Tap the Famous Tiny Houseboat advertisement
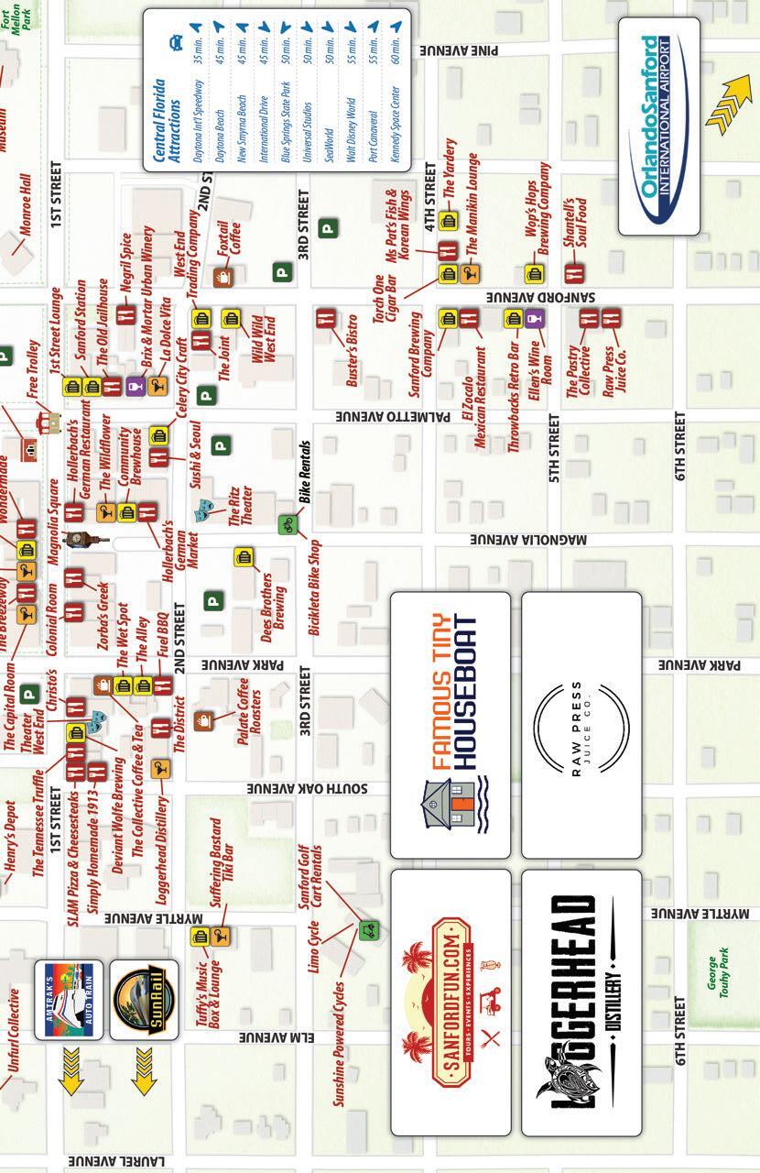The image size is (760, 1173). (450, 724)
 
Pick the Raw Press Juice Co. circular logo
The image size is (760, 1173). (581, 724)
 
